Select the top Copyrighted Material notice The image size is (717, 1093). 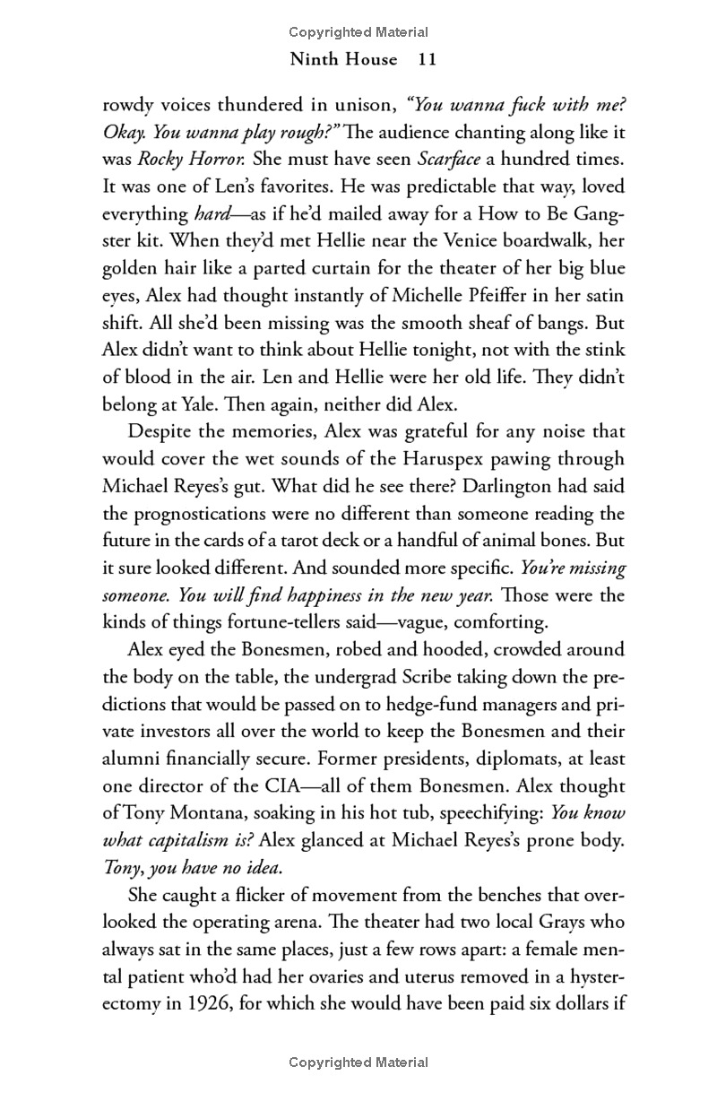click(x=358, y=32)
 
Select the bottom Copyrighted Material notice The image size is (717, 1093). click(x=358, y=1063)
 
